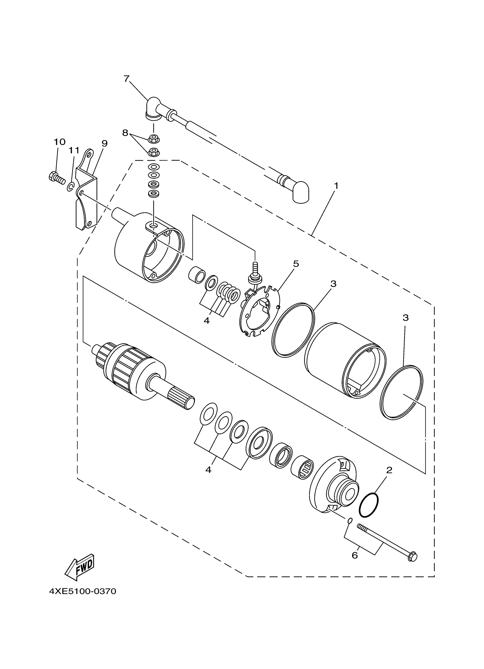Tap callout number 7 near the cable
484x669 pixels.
click(x=126, y=79)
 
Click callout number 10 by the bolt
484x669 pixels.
click(x=60, y=142)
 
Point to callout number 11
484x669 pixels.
click(x=74, y=151)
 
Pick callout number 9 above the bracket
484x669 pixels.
click(x=104, y=143)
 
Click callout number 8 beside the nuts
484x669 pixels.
click(x=125, y=133)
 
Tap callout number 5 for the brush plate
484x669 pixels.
click(x=296, y=264)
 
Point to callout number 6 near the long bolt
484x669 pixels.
click(x=355, y=556)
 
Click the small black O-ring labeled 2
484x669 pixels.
click(x=368, y=505)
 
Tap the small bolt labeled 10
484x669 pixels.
click(x=56, y=177)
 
